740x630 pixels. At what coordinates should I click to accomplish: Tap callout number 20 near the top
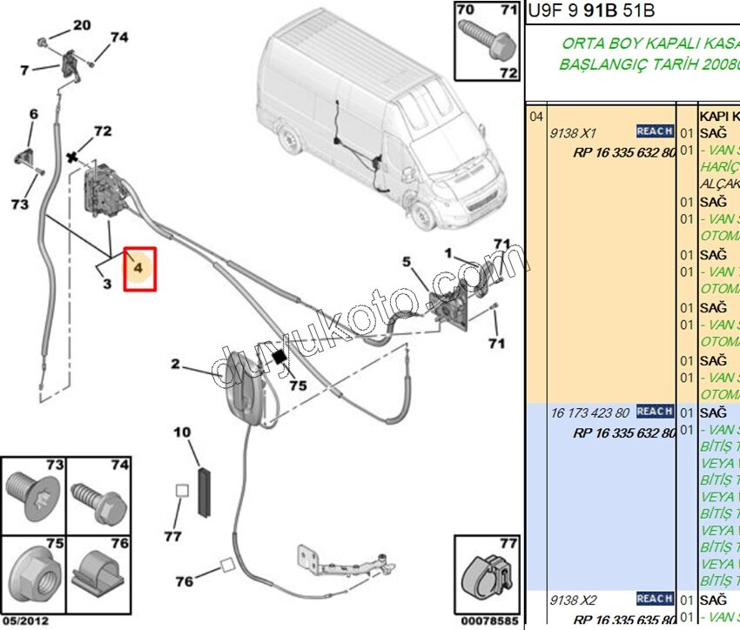point(81,25)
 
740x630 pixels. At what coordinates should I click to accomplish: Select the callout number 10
point(181,432)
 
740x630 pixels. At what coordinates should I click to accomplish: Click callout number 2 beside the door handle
point(175,365)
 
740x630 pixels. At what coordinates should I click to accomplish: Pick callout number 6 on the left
point(34,114)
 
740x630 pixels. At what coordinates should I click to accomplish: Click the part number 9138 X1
point(572,134)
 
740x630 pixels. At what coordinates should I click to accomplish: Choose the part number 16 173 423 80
point(589,412)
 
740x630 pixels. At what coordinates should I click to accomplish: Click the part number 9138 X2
point(572,600)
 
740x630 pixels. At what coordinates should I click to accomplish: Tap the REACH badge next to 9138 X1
point(655,131)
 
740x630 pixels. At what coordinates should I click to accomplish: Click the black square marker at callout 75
point(280,357)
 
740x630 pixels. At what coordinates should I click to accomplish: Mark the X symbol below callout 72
point(73,158)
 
